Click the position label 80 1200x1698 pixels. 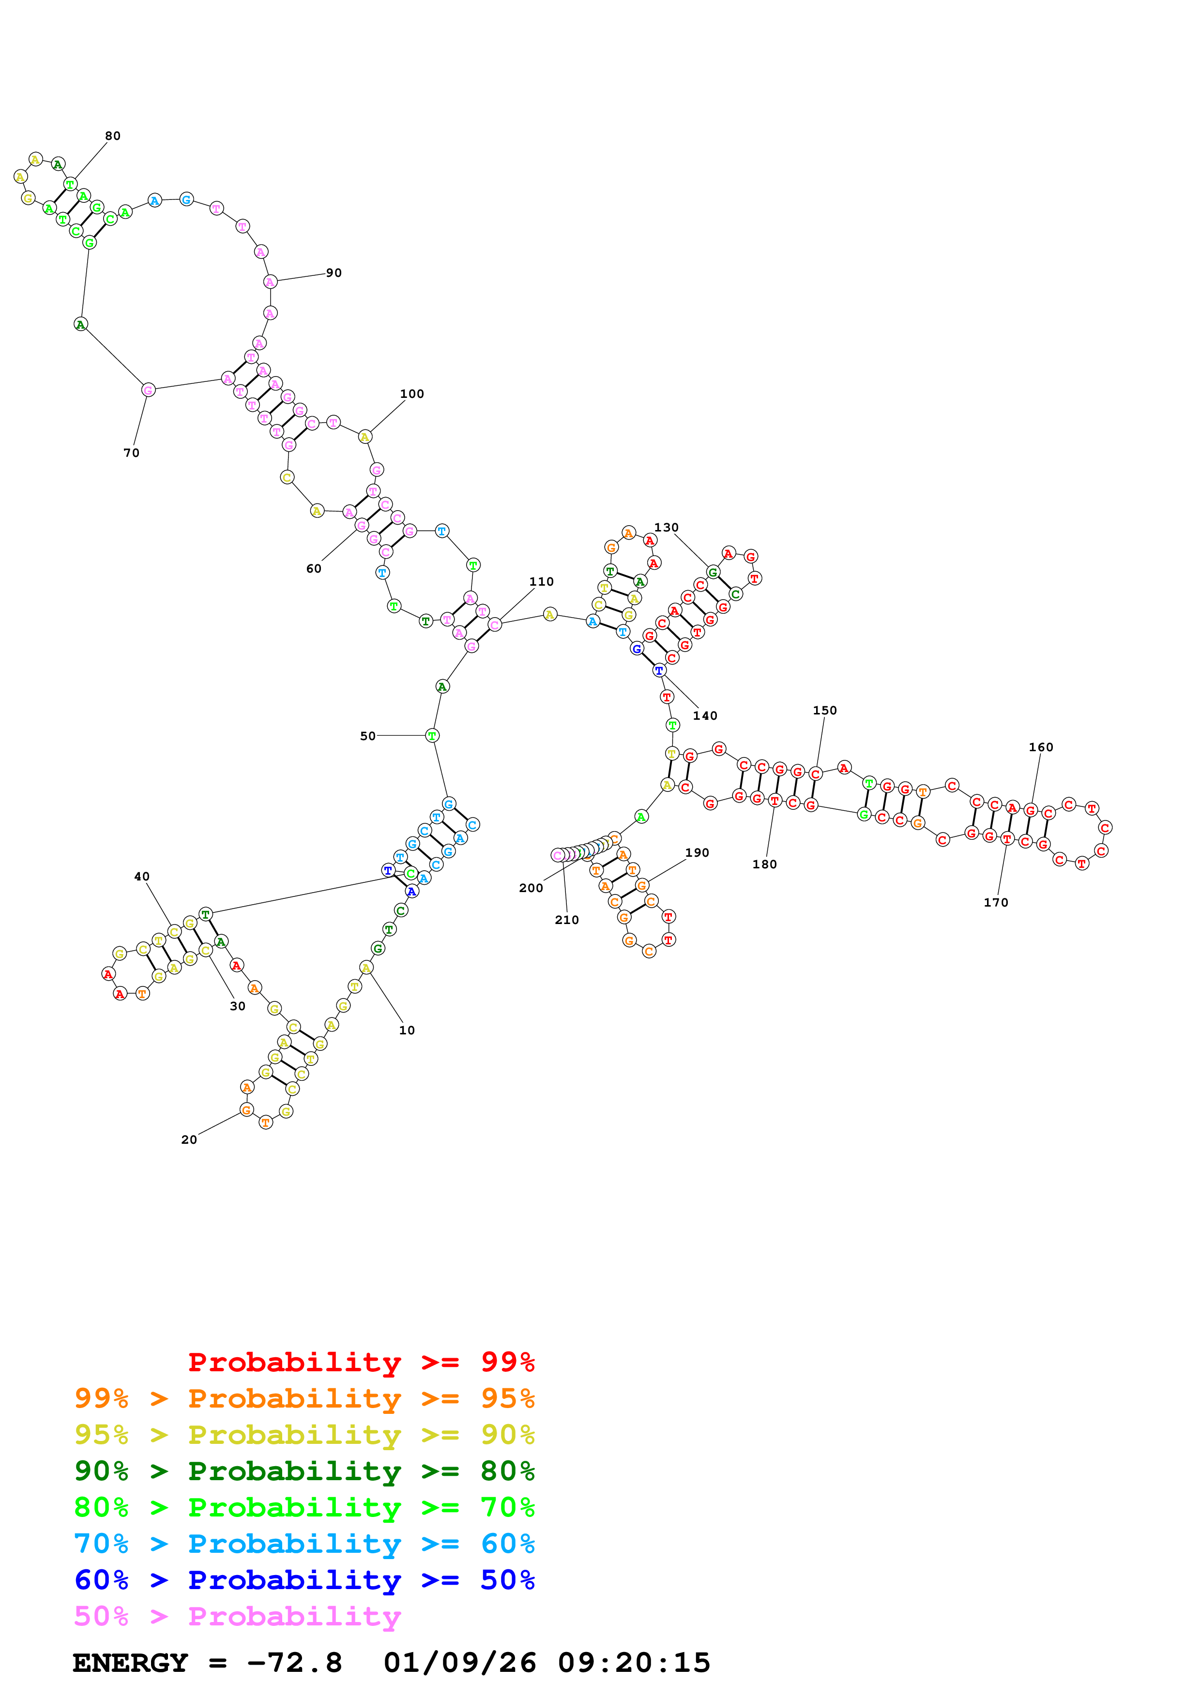point(112,136)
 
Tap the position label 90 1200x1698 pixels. point(334,273)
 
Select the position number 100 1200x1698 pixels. point(412,394)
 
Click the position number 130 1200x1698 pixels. point(666,527)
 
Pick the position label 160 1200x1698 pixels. point(1041,747)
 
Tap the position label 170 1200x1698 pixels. point(996,902)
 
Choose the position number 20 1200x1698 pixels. point(189,1139)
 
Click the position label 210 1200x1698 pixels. point(567,920)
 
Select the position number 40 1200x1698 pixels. point(142,877)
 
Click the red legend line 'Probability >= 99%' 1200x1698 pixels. point(361,1362)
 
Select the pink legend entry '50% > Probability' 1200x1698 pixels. point(237,1616)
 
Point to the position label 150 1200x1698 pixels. point(825,711)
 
